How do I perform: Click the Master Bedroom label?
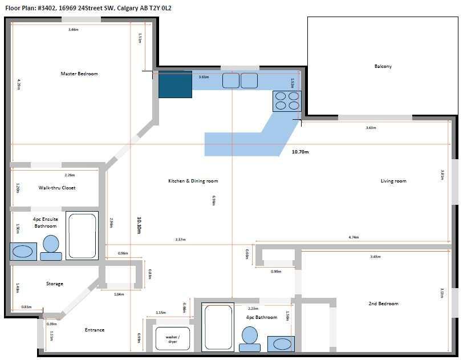coord(79,74)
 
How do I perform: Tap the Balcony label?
coord(383,66)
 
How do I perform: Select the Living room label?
coord(393,181)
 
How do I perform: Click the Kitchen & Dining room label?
coord(193,181)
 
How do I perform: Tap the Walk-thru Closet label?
coord(57,188)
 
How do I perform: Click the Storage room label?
coord(55,284)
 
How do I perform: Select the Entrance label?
coord(95,330)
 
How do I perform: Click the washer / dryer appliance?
coord(173,339)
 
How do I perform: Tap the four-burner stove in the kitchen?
coord(287,100)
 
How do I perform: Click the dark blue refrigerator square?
coord(175,84)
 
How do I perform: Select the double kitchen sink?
coord(240,80)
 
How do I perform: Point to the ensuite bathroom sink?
coord(23,251)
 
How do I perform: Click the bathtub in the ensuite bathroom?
coord(82,236)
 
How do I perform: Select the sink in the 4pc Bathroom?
coord(281,343)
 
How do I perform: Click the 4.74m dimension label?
coord(354,237)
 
